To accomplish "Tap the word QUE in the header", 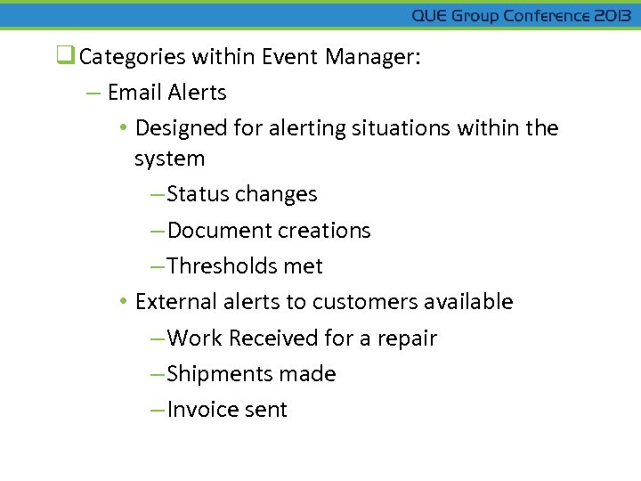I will [x=430, y=16].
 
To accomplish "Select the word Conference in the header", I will [x=543, y=16].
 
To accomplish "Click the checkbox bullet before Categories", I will [x=65, y=57].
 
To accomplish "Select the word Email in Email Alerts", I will [x=134, y=93].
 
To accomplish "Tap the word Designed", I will [x=181, y=128].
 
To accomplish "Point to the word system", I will [x=169, y=159].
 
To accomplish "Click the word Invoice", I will [x=199, y=410].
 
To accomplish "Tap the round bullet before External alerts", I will [x=123, y=302].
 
